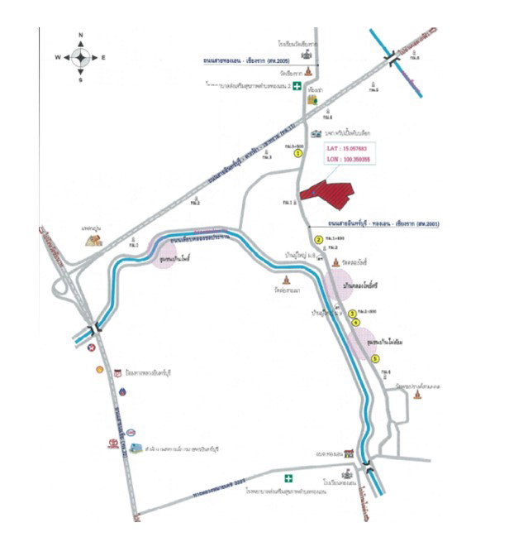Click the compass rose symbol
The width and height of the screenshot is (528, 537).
point(80,56)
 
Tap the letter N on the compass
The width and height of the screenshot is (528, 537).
point(80,36)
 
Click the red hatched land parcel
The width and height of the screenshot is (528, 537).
point(326,190)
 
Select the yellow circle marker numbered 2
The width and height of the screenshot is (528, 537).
point(354,323)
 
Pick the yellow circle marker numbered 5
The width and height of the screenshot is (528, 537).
point(375,358)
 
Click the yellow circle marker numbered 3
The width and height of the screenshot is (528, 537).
point(352,313)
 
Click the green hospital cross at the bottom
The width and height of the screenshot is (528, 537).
point(288,477)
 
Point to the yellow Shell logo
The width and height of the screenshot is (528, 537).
point(101,370)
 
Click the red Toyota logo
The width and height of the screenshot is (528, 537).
point(112,444)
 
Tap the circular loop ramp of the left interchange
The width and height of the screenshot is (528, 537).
point(60,288)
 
